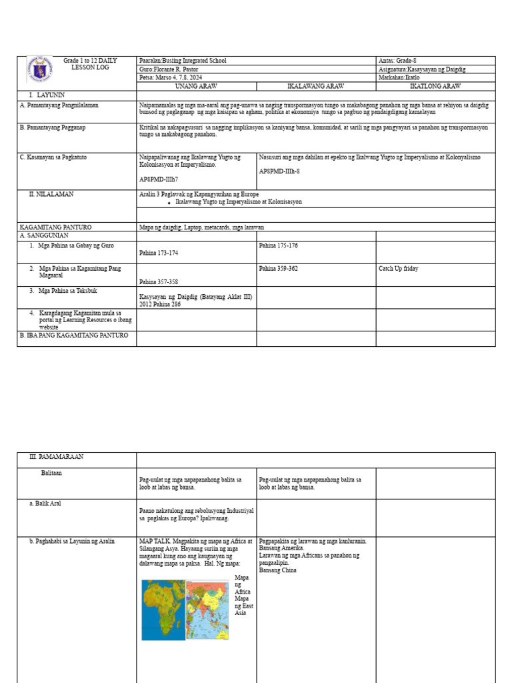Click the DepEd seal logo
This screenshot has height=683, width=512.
tap(39, 69)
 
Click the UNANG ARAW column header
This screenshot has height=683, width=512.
tap(196, 87)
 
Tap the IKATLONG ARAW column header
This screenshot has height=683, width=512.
tap(435, 87)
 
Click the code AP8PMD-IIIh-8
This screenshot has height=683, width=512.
tap(279, 171)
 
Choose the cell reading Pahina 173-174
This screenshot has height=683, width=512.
tap(159, 253)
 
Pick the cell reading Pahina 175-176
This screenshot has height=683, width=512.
tap(278, 246)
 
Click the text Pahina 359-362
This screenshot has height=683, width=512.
tap(278, 269)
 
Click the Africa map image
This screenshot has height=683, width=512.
tap(163, 610)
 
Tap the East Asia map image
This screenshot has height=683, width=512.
tap(207, 610)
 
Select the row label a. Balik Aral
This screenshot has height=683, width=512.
tap(45, 504)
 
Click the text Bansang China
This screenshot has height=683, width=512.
tap(278, 570)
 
